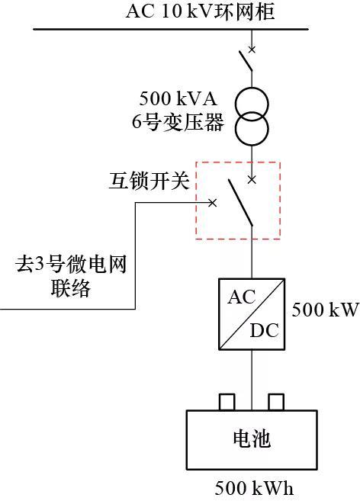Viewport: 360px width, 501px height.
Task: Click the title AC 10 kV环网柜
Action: [x=201, y=11]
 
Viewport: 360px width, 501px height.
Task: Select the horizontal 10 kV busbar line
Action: [x=171, y=30]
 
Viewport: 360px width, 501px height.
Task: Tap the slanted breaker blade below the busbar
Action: [x=246, y=61]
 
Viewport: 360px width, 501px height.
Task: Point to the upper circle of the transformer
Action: [x=252, y=104]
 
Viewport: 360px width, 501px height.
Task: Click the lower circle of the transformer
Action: [x=252, y=128]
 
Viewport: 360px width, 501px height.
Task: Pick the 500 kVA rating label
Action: [x=178, y=98]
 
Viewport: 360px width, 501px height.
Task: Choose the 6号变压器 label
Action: [x=178, y=122]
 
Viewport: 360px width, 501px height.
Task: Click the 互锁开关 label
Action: [x=149, y=181]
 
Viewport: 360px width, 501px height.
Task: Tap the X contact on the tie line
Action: [x=213, y=203]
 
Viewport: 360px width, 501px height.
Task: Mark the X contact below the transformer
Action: [x=252, y=180]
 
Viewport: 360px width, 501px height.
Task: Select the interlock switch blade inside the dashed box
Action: [x=240, y=203]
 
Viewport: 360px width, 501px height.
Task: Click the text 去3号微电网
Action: [x=71, y=265]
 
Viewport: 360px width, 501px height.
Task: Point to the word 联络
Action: [x=71, y=288]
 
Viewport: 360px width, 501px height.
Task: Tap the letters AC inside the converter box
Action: [x=241, y=297]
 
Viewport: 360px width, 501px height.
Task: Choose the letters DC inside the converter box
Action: [x=264, y=330]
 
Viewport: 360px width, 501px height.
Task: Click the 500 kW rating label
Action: [x=325, y=310]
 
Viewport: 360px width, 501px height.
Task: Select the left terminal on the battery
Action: [x=227, y=403]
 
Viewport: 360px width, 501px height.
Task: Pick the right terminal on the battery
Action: [x=276, y=403]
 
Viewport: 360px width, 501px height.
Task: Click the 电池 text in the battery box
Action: [x=252, y=438]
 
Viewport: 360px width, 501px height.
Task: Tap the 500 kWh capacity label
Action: [x=254, y=488]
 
